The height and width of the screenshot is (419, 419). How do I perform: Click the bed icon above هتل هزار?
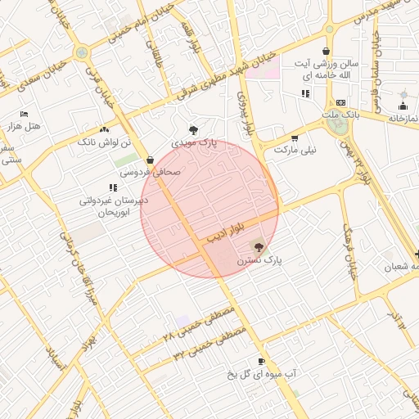[x=24, y=114]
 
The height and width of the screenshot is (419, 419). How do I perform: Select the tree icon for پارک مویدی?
[x=193, y=129]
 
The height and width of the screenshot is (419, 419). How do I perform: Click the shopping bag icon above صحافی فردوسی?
[x=150, y=160]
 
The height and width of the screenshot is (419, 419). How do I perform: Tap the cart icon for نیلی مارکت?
[x=295, y=138]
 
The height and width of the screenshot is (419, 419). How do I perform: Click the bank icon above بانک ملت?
[x=340, y=102]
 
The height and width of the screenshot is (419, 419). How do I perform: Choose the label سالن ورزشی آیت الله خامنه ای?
[x=327, y=70]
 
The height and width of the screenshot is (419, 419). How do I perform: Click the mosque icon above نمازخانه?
[x=403, y=106]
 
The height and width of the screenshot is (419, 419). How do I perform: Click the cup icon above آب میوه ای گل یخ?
[x=261, y=361]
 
